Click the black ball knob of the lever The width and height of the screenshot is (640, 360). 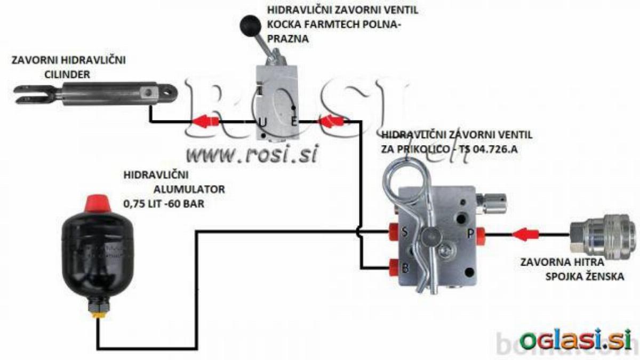tap(251, 26)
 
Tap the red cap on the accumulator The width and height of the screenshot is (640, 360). tap(98, 203)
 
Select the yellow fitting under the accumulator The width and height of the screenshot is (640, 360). tap(99, 315)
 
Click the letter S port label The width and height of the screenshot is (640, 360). tap(405, 231)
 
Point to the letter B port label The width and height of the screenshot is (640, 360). tap(405, 268)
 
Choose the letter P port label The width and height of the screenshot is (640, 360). tap(470, 234)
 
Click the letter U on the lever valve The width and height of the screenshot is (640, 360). tap(262, 123)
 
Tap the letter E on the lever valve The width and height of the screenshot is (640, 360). tap(294, 122)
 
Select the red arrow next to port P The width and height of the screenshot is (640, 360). tap(525, 235)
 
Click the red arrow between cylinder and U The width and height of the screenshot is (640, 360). tap(205, 121)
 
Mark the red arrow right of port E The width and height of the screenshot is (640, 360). tap(331, 121)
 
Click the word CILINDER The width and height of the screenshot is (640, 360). tap(67, 75)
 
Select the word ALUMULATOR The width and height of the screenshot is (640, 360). tap(189, 189)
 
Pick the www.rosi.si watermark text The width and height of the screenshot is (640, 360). tap(252, 154)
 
